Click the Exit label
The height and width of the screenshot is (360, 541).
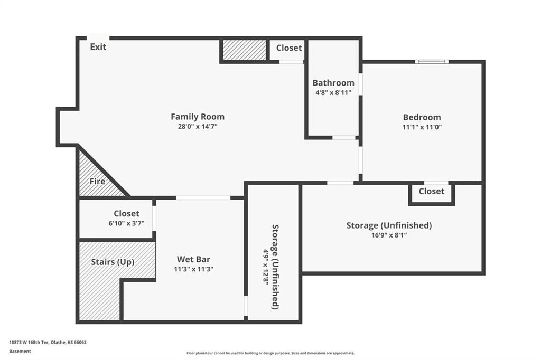[x=98, y=47]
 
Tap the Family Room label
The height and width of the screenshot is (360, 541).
[x=198, y=117]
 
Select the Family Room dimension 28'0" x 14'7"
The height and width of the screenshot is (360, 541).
[x=198, y=126]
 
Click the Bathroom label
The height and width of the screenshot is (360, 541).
[x=333, y=83]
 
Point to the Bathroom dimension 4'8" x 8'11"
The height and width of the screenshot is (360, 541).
[x=333, y=92]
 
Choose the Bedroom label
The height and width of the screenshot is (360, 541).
[x=422, y=117]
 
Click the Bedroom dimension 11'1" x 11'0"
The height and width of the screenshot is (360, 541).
[x=422, y=127]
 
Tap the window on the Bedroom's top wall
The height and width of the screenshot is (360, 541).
[x=432, y=62]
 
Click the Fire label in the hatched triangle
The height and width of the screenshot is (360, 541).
[x=97, y=182]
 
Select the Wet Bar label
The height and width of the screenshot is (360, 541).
[x=193, y=259]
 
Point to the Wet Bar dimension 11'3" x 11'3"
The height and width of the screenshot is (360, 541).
[x=193, y=269]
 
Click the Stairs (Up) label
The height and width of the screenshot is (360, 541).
[x=113, y=262]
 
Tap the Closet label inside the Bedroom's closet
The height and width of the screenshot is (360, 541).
[x=432, y=191]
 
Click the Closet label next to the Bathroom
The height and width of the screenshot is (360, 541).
[x=289, y=48]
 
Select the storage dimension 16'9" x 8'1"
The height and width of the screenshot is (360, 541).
[x=389, y=235]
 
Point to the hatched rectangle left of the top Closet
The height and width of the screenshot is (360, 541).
[x=244, y=50]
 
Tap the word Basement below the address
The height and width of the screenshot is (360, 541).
[x=20, y=351]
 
